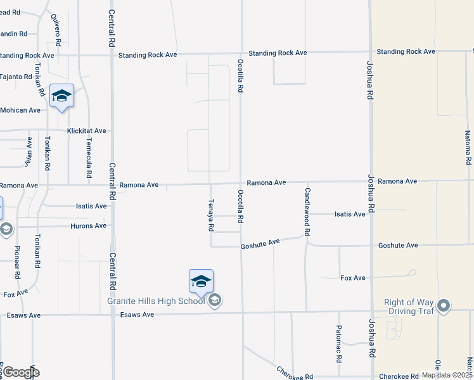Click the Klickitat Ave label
coord(87,131)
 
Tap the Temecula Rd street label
coord(89,157)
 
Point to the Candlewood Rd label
coord(307,212)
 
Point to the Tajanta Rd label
coord(16,77)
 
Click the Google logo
coord(21,372)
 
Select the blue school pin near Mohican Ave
coord(61,96)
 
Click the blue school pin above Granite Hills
coord(201,281)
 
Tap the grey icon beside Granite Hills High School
coord(215,300)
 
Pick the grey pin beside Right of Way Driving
coord(444,307)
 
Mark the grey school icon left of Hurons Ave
coord(6,229)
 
